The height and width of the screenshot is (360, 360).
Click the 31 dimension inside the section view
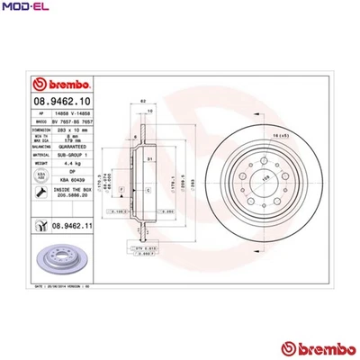(x=149, y=159)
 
